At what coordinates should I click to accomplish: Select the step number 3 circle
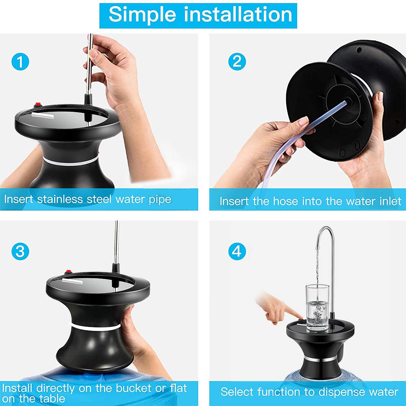(x=20, y=251)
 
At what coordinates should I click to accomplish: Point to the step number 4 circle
(x=237, y=251)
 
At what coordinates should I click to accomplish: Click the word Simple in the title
(x=143, y=15)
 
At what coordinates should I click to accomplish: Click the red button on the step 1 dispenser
(x=39, y=105)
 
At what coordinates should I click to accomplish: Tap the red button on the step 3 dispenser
(x=68, y=272)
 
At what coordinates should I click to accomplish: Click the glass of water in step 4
(x=317, y=309)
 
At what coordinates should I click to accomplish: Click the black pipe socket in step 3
(x=116, y=268)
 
